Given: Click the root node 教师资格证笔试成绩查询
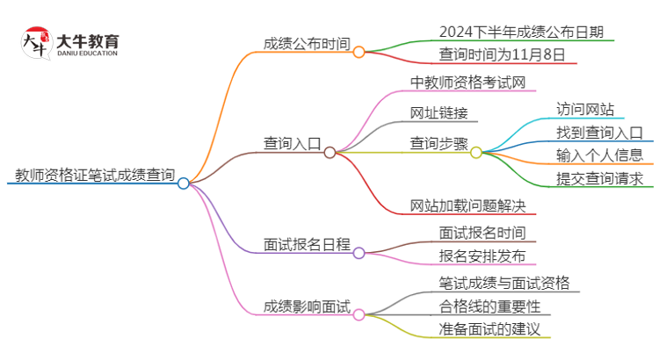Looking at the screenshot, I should (91, 174).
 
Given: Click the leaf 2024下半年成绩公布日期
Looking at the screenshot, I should (514, 31).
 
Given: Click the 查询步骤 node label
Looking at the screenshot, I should (438, 142).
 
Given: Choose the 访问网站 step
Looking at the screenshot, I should (584, 110).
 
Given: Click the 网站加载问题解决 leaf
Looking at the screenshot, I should (468, 205).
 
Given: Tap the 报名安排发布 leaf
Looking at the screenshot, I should (482, 256).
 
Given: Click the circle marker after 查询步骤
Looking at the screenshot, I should (476, 152).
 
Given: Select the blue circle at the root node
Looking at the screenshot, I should (183, 184).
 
